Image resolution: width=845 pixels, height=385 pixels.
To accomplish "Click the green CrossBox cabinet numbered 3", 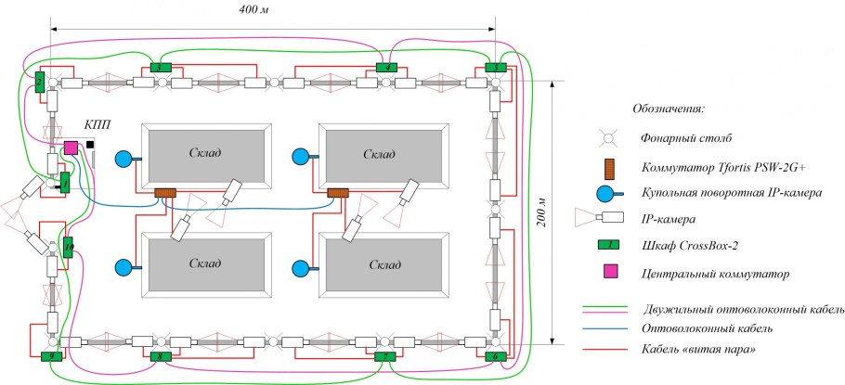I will click(x=160, y=68).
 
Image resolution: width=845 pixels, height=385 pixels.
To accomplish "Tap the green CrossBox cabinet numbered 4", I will click(x=386, y=67).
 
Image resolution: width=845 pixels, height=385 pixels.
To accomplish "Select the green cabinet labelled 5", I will click(x=496, y=68).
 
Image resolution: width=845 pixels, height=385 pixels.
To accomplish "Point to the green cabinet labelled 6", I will click(x=496, y=356).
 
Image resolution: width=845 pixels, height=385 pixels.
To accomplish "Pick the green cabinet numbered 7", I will click(x=384, y=356).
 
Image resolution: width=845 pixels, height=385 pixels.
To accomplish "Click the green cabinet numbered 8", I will click(x=160, y=356).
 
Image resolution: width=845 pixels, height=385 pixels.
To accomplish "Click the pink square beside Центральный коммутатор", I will click(x=608, y=273).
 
